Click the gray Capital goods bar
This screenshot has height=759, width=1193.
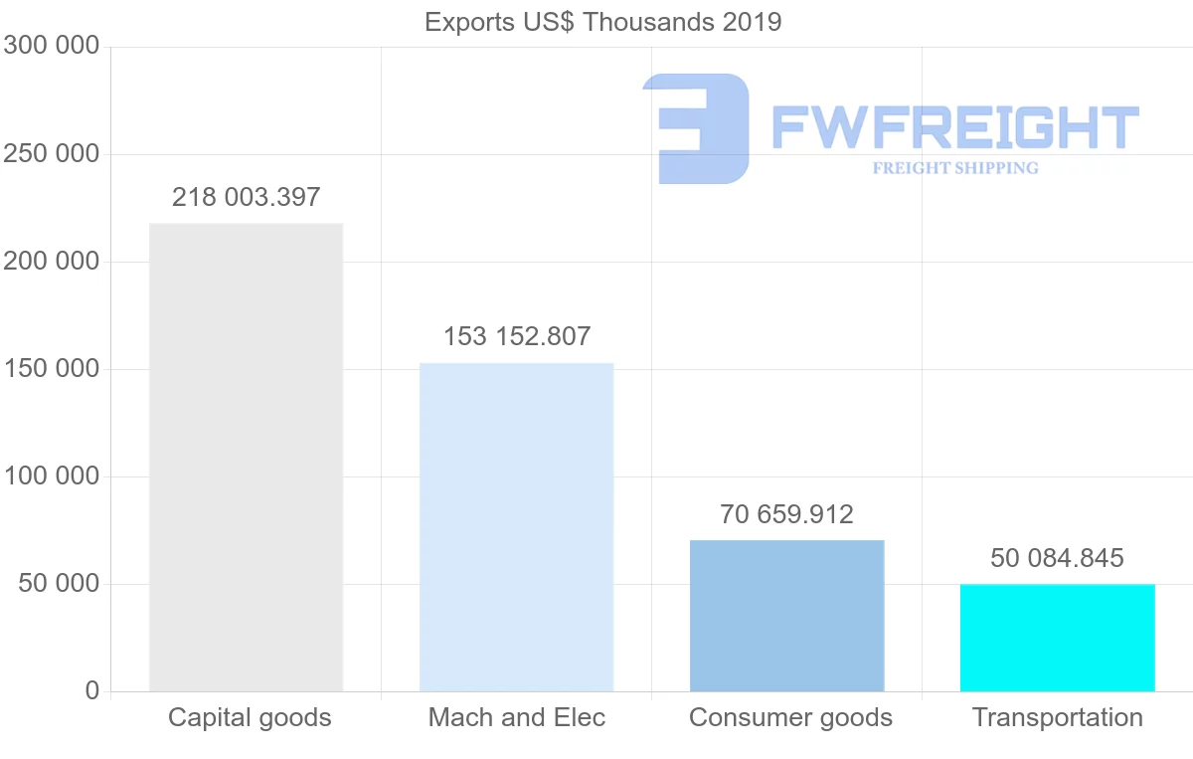tap(246, 457)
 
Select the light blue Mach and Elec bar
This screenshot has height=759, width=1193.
tap(516, 526)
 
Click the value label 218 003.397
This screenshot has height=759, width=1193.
tap(246, 197)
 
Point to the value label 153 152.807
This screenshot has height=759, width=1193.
tap(516, 337)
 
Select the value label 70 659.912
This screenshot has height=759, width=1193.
tap(786, 514)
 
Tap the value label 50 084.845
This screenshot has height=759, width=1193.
tap(1057, 558)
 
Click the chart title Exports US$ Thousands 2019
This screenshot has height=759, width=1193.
tap(602, 22)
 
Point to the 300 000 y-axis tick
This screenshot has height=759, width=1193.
tap(51, 46)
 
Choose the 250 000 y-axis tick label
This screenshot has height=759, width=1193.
tap(51, 154)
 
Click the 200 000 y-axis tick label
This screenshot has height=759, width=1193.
tap(51, 262)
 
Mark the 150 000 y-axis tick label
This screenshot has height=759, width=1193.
tap(51, 369)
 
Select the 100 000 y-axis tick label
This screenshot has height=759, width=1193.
tap(51, 476)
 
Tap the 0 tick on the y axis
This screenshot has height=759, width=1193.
tap(91, 690)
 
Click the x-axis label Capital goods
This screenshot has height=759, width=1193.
tap(250, 717)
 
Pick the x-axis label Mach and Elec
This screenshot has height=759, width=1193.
tap(516, 717)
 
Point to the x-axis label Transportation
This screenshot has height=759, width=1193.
tap(1057, 717)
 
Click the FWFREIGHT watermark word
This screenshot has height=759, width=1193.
tap(954, 127)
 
